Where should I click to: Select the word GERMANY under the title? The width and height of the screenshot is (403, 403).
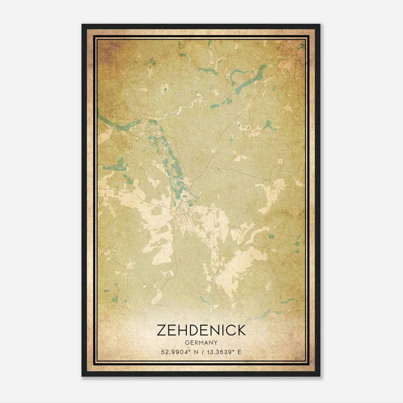(201, 343)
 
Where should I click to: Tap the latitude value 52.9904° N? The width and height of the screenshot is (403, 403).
(179, 352)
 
